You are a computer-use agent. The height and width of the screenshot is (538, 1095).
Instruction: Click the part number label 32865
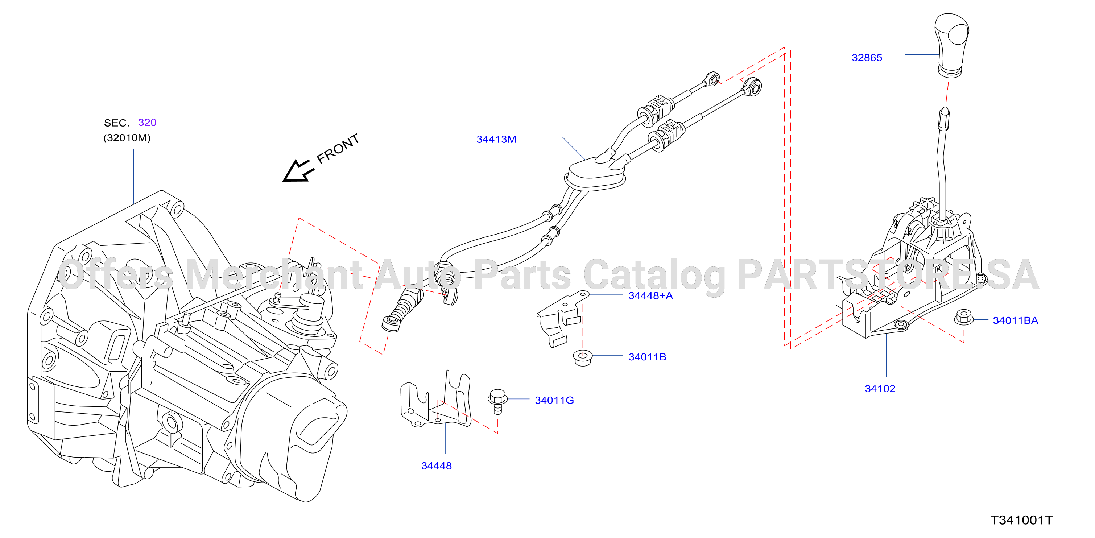(x=867, y=57)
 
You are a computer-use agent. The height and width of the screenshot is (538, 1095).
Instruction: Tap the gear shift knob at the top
(x=952, y=45)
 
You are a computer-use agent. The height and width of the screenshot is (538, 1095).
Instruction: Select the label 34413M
(x=496, y=139)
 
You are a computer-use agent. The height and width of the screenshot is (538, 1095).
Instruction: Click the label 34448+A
(x=650, y=295)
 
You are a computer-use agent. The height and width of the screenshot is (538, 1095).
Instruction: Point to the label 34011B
(x=647, y=357)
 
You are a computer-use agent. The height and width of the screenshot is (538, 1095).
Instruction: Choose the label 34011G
(x=554, y=400)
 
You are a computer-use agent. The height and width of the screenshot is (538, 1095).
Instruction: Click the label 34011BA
(x=1015, y=320)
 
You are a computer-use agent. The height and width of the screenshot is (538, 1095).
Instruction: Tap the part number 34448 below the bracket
(x=436, y=466)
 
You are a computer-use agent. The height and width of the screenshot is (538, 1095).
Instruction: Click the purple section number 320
(x=147, y=123)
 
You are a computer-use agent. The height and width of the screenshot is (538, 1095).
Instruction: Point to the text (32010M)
(x=127, y=138)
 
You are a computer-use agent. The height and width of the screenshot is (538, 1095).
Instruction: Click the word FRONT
(x=338, y=149)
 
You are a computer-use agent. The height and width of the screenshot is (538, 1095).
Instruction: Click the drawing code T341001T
(x=1021, y=520)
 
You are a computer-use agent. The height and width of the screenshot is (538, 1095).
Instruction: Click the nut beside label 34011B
(x=583, y=357)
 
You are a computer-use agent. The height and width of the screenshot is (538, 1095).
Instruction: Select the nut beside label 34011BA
(x=964, y=318)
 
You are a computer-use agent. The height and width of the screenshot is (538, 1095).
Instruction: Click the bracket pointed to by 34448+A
(x=561, y=318)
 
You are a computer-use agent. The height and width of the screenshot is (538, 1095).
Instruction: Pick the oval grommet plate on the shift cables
(x=595, y=175)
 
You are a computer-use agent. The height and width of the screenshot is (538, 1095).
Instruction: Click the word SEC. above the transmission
(x=116, y=123)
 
